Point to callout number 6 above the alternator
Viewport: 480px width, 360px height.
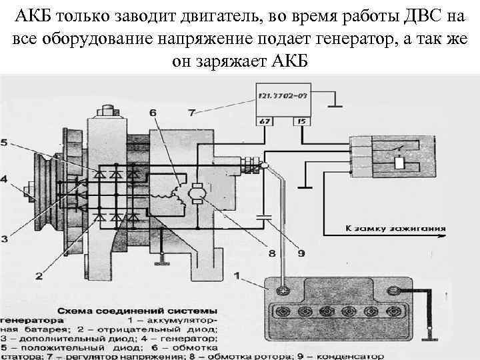(x=153, y=113)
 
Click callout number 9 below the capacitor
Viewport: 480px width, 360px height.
(x=301, y=253)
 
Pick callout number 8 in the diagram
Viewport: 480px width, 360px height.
(x=272, y=253)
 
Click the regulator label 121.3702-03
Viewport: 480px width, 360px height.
(x=283, y=97)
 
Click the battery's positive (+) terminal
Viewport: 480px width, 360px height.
(x=283, y=290)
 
